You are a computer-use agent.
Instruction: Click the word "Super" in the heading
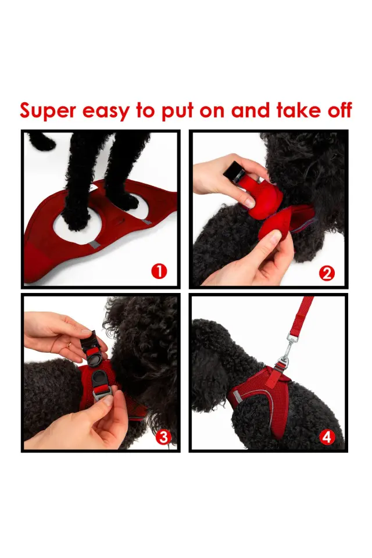point(47,110)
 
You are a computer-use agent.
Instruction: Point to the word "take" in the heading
point(298,110)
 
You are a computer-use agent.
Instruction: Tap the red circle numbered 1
point(159,271)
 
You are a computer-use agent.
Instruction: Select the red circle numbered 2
point(327,273)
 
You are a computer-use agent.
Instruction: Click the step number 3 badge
point(163,437)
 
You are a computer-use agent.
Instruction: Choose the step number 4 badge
point(327,437)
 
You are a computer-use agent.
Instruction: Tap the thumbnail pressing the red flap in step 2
point(248,202)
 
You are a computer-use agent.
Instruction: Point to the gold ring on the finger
point(69,345)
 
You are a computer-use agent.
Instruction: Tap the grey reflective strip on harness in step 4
point(240,396)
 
